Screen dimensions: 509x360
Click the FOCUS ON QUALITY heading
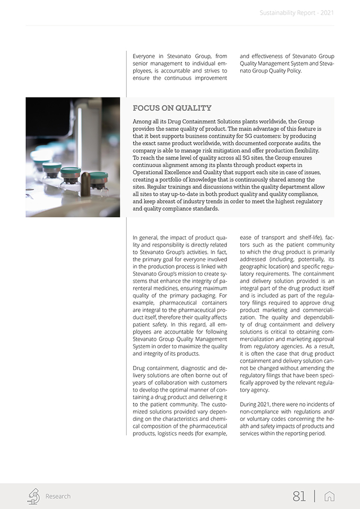(x=172, y=108)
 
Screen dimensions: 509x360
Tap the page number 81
(x=299, y=496)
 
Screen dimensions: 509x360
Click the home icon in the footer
(x=329, y=496)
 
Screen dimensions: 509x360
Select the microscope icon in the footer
(x=33, y=496)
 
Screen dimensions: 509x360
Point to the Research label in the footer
(x=58, y=496)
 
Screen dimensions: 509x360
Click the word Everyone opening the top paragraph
(x=144, y=56)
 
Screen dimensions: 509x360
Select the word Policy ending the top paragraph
(x=292, y=71)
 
